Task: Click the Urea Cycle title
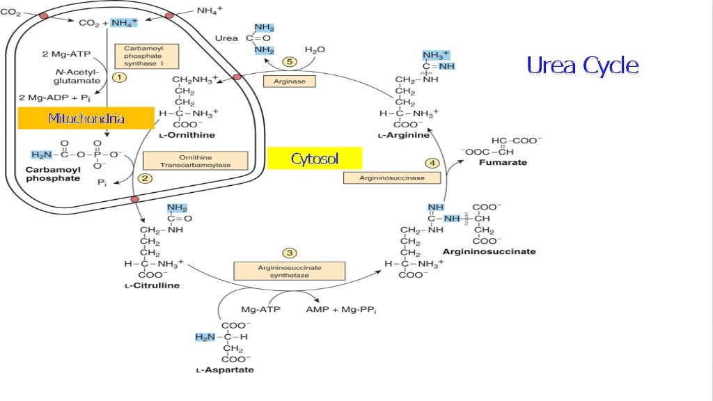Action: (x=582, y=66)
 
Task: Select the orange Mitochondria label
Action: (x=86, y=118)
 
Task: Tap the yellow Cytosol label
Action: (x=315, y=159)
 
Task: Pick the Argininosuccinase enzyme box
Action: (x=393, y=178)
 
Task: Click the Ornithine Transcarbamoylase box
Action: (x=196, y=162)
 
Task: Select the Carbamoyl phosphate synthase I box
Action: (x=142, y=56)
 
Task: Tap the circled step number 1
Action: (x=119, y=78)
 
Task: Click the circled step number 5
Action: (x=290, y=62)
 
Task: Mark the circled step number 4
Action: (x=432, y=163)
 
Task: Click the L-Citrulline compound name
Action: (x=152, y=285)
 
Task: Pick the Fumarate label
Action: (x=503, y=163)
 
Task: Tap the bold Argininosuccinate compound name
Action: (x=489, y=251)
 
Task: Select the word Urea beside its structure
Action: (x=226, y=38)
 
